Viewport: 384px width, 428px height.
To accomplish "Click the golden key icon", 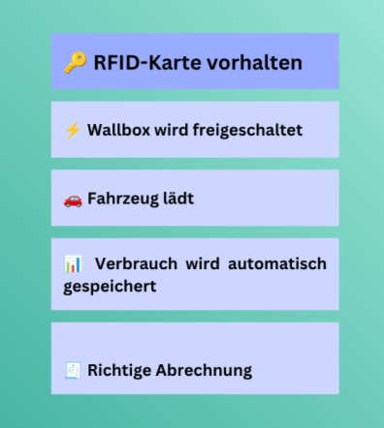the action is point(76,63).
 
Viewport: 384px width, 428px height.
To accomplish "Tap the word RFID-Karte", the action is point(148,62).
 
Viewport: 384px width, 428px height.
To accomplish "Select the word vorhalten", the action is point(255,62).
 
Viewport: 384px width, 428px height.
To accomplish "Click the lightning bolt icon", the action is point(73,130).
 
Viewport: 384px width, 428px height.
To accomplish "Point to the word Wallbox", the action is point(118,130).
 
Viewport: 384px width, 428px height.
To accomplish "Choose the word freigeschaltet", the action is point(247,131).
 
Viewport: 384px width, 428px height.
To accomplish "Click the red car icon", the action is point(73,200).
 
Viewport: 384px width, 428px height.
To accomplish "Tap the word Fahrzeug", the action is point(123,199).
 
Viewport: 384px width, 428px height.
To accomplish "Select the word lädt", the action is point(178,199).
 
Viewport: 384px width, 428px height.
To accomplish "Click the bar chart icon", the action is point(73,264).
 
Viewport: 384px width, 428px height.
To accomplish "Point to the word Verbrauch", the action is point(136,263).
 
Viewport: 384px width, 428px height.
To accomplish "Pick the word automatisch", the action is point(277,263).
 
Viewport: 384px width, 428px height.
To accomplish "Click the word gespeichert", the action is point(110,287).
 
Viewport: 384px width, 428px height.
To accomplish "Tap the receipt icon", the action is point(73,370).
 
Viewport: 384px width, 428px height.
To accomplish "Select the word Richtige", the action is point(119,371).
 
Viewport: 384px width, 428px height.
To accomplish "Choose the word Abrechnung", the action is point(204,371).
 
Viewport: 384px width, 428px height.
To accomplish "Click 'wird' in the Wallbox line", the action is point(172,130).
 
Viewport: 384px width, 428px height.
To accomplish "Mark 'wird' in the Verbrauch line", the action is point(203,263).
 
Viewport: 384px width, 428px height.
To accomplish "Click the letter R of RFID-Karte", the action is point(99,63).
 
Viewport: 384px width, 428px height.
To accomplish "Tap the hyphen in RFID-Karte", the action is point(144,64).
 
